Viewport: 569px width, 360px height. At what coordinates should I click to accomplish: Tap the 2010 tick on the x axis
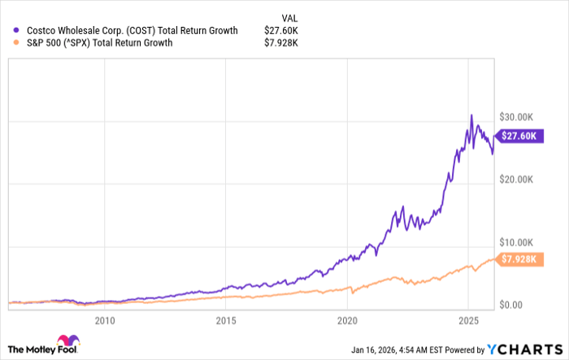pyautogui.click(x=104, y=319)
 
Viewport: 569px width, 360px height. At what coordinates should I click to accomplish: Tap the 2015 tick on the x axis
pyautogui.click(x=226, y=319)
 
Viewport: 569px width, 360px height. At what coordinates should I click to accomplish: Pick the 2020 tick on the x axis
pyautogui.click(x=347, y=319)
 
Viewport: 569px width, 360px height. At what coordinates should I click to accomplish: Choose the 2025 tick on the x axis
pyautogui.click(x=469, y=319)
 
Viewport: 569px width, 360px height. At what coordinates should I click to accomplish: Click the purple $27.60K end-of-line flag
pyautogui.click(x=517, y=137)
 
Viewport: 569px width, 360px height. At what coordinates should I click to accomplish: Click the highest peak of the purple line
pyautogui.click(x=471, y=115)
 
